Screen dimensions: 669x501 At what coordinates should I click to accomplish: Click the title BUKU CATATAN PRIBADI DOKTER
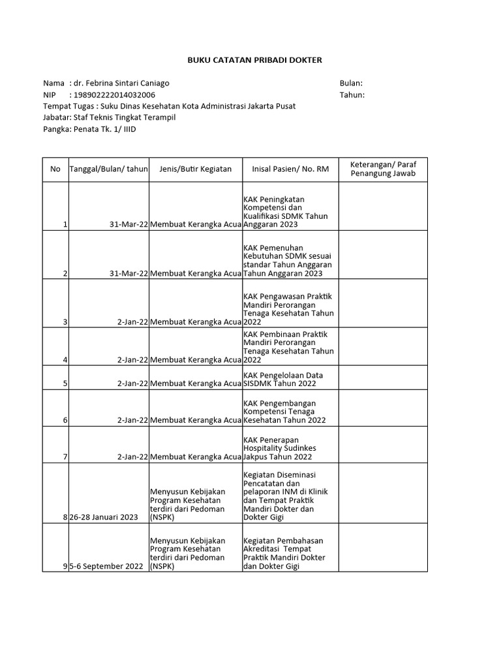click(x=254, y=60)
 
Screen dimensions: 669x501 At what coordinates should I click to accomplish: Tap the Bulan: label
click(x=351, y=84)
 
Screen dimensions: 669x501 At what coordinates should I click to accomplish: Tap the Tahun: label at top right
click(x=352, y=95)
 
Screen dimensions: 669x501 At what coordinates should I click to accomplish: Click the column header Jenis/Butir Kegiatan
click(x=196, y=169)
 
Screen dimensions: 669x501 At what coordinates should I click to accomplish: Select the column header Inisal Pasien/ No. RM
click(x=290, y=169)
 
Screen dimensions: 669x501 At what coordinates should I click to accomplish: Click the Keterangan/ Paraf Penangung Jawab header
click(x=383, y=169)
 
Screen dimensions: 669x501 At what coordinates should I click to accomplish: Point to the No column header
click(x=55, y=169)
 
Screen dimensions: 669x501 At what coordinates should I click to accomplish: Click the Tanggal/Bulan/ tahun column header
click(x=109, y=169)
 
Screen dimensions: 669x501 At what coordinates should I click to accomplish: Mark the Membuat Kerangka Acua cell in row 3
click(x=196, y=322)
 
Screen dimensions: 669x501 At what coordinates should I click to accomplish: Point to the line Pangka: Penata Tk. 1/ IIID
click(x=89, y=129)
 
